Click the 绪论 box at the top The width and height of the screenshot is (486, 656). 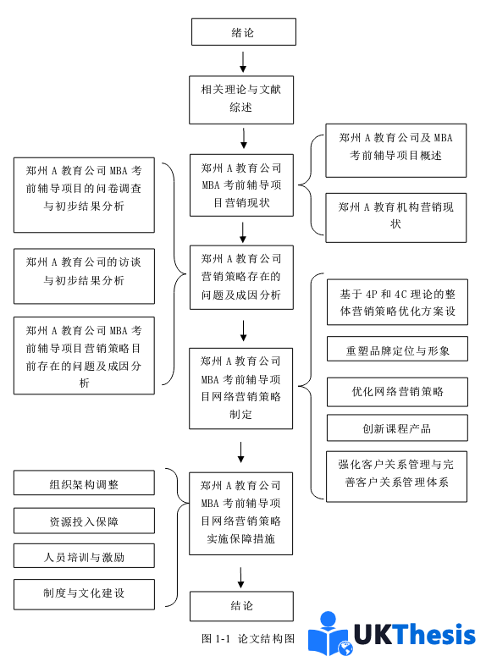click(x=243, y=32)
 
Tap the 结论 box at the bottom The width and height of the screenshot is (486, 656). click(x=241, y=606)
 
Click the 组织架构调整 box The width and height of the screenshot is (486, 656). click(x=84, y=484)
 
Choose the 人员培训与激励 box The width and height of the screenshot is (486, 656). click(x=84, y=557)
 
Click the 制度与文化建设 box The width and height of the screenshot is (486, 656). click(x=84, y=593)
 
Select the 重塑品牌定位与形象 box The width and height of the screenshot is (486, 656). click(x=396, y=350)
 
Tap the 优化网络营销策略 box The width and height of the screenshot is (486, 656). click(x=396, y=392)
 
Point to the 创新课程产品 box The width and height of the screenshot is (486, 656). click(x=396, y=428)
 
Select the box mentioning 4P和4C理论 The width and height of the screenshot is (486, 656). click(x=396, y=303)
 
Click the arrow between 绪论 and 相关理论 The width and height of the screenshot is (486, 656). click(x=243, y=61)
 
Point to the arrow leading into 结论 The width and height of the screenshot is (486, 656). click(x=241, y=577)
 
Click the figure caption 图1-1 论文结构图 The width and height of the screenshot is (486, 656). click(x=247, y=638)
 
